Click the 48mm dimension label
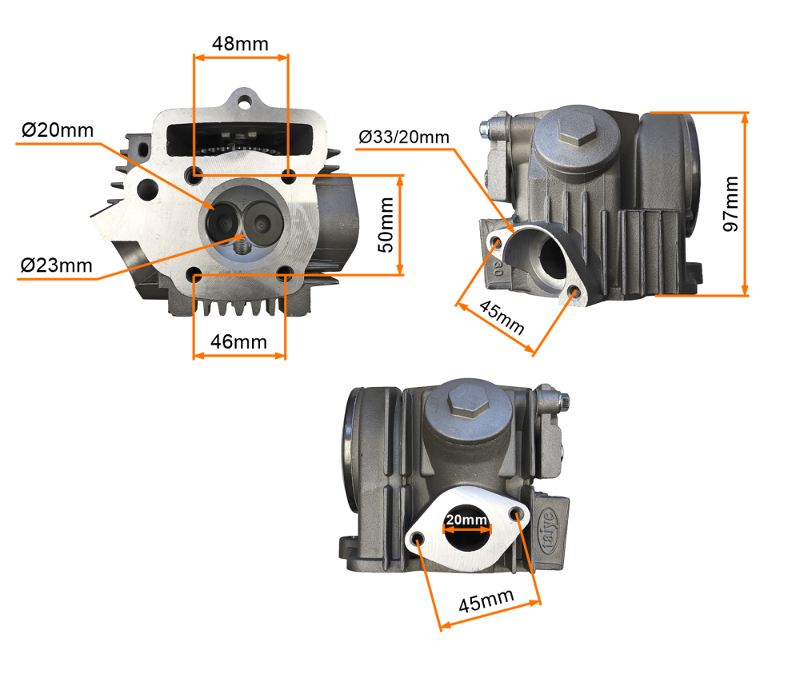[x=240, y=43]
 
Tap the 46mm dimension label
[x=238, y=342]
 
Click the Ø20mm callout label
[x=58, y=130]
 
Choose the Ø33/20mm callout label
[x=404, y=137]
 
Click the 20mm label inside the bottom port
[x=467, y=520]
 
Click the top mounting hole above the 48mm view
[x=243, y=101]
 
